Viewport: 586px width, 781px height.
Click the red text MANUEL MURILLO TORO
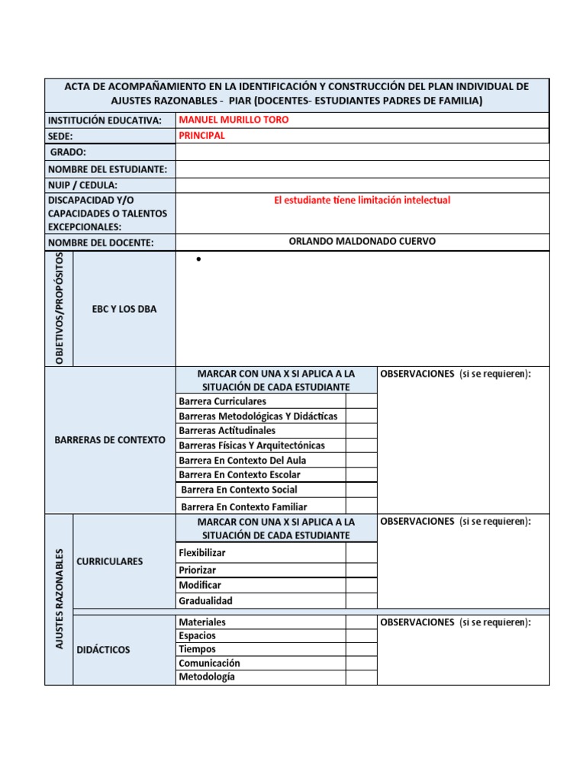click(x=233, y=120)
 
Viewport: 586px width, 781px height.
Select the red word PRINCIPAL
click(x=201, y=135)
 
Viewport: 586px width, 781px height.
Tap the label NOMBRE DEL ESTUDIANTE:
click(x=108, y=169)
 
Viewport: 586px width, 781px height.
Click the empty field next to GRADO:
click(x=362, y=153)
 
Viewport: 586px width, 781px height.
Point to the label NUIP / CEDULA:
click(x=83, y=185)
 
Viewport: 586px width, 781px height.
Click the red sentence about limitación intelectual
click(x=362, y=200)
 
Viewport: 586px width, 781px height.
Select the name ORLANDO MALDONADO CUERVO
click(x=362, y=241)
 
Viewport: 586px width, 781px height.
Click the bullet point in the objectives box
click(x=198, y=260)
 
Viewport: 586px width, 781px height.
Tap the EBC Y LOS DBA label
click(x=124, y=309)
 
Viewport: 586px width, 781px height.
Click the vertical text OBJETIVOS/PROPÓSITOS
click(x=60, y=308)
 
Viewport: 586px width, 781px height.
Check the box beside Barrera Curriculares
click(x=361, y=400)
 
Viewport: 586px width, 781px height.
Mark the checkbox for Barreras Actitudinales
click(x=361, y=430)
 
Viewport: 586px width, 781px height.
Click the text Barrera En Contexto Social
click(x=239, y=490)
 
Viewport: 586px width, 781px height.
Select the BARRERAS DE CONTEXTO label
click(x=110, y=440)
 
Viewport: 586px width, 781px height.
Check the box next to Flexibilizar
click(x=361, y=552)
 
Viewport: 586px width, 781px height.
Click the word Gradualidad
click(x=205, y=600)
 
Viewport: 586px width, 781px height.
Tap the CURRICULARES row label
click(x=110, y=561)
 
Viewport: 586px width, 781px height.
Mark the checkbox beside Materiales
click(x=361, y=622)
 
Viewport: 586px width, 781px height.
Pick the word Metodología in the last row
click(x=207, y=677)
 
